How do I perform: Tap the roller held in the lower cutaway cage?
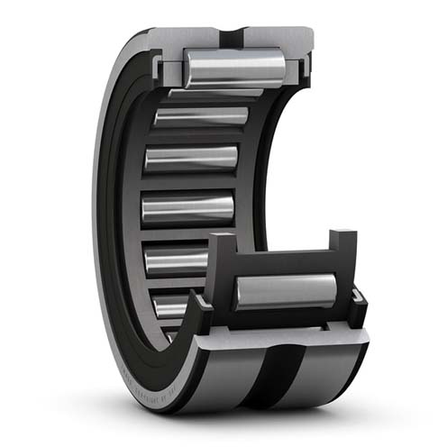point(286,291)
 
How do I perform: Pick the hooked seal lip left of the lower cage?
point(202,312)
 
